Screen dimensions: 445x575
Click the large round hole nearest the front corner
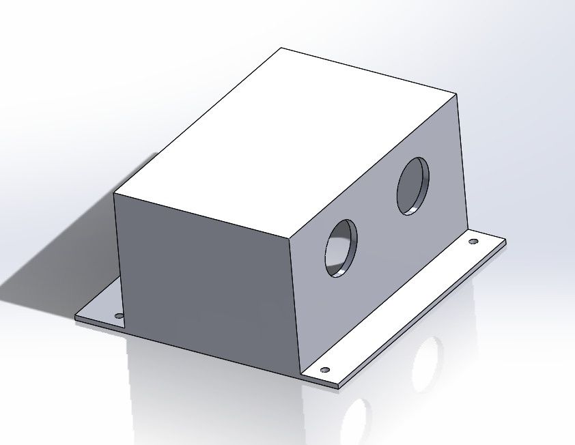pos(341,248)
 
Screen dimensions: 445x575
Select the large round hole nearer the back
pos(414,186)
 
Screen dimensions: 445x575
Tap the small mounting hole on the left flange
pos(118,316)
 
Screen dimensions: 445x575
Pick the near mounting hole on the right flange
pos(324,370)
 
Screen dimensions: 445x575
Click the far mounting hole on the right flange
pos(473,242)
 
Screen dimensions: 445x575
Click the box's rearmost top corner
pos(281,48)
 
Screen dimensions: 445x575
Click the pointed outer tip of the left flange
pos(75,317)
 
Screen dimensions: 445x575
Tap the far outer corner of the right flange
pos(505,240)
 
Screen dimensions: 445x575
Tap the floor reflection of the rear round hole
pos(427,358)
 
